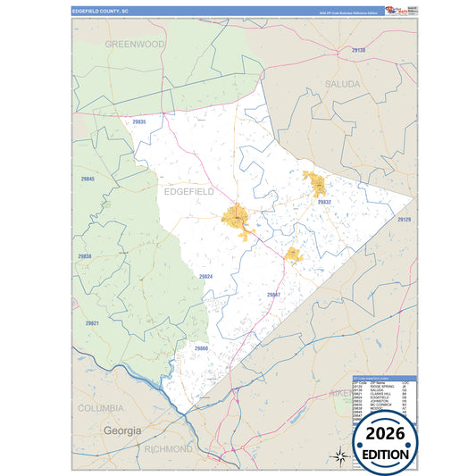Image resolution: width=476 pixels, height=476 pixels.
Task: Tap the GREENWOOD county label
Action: [x=135, y=43]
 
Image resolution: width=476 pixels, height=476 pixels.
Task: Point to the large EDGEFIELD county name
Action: [x=189, y=191]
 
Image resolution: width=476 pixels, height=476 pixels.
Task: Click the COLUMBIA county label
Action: [x=100, y=407]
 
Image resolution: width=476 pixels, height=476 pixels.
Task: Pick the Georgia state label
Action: [x=122, y=430]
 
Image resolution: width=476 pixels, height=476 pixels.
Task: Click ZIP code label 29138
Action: [x=358, y=50]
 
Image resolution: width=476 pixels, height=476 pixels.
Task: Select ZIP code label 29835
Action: [x=138, y=121]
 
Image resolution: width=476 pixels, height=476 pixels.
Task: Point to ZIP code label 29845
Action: [x=87, y=179]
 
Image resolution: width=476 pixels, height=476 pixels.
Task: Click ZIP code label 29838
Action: [x=84, y=256]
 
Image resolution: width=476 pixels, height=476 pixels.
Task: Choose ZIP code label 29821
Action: [x=92, y=322]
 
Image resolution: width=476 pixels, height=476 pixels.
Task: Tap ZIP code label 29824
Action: [x=206, y=277]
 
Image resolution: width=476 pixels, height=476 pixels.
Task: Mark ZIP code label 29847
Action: [x=273, y=294]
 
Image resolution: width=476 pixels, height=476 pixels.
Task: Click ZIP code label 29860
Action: [x=201, y=348]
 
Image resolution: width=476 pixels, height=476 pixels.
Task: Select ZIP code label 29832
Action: [x=324, y=203]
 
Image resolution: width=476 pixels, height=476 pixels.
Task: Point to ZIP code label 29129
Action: [x=405, y=219]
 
